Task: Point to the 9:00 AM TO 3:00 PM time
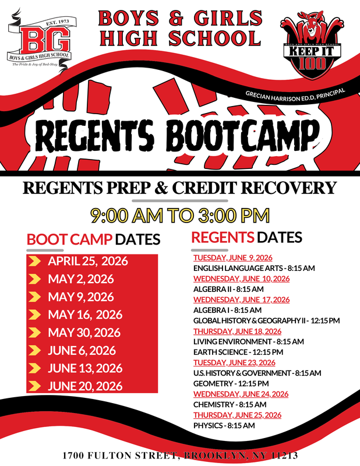tap(180, 215)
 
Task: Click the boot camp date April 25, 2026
tap(88, 261)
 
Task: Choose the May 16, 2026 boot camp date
tap(85, 315)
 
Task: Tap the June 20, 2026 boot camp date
tap(85, 386)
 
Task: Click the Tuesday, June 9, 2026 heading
tap(233, 257)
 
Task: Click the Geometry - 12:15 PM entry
tap(231, 383)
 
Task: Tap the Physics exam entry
tap(224, 426)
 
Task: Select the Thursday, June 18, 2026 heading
tap(238, 331)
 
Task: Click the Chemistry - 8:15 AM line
tap(230, 404)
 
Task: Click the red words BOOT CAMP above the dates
tap(69, 239)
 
